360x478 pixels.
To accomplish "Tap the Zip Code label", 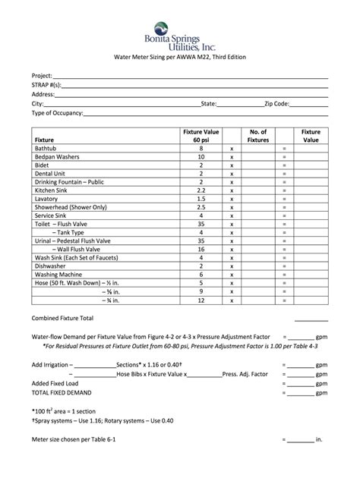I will pyautogui.click(x=276, y=103).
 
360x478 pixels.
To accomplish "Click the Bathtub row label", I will pyautogui.click(x=47, y=149).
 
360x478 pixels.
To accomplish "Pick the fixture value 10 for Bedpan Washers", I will pyautogui.click(x=201, y=157).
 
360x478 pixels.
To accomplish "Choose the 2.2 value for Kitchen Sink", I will pyautogui.click(x=201, y=190).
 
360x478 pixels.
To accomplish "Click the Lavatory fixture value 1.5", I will pyautogui.click(x=201, y=198).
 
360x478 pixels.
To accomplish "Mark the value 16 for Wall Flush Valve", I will pyautogui.click(x=201, y=249).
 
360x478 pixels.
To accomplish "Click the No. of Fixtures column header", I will pyautogui.click(x=258, y=136).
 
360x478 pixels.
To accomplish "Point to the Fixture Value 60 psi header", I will pyautogui.click(x=201, y=136).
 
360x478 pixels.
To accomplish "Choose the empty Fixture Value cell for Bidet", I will pyautogui.click(x=311, y=165).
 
